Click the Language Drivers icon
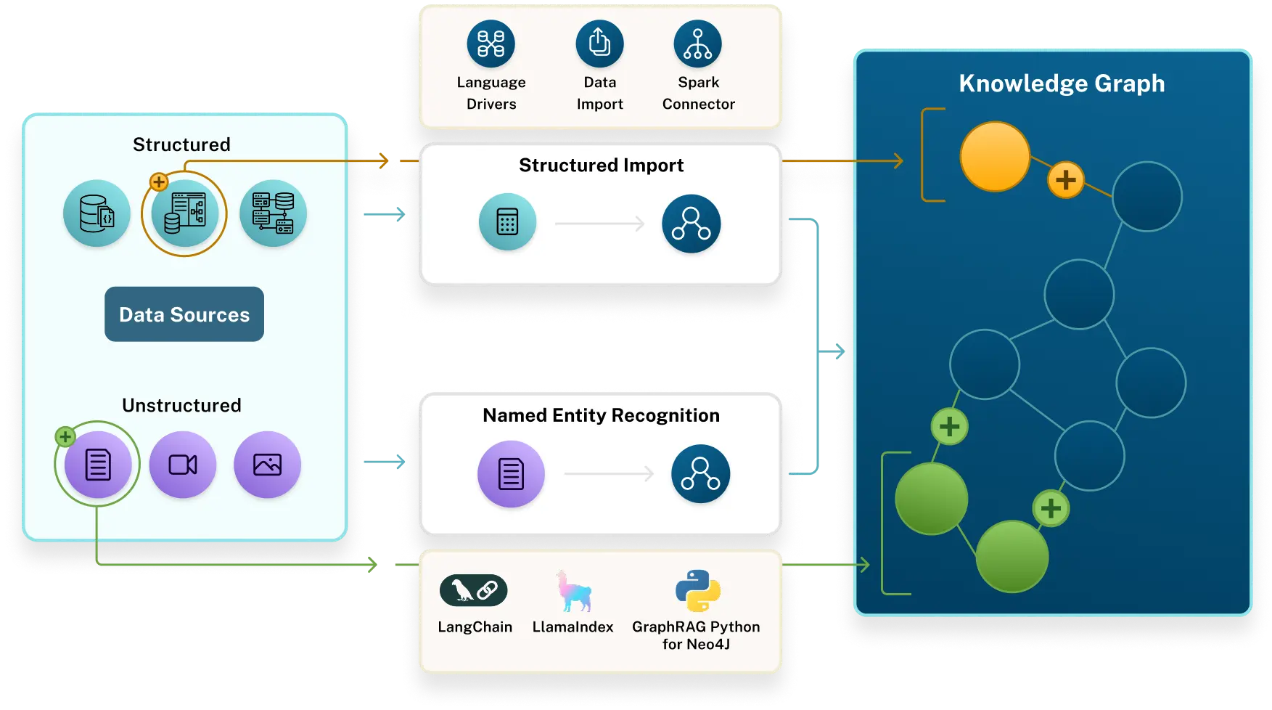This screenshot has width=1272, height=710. pyautogui.click(x=491, y=44)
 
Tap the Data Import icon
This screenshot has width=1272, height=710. pyautogui.click(x=599, y=44)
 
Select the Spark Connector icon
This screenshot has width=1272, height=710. pyautogui.click(x=697, y=44)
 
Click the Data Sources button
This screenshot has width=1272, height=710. pyautogui.click(x=184, y=314)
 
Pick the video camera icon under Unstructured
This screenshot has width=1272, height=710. pyautogui.click(x=183, y=465)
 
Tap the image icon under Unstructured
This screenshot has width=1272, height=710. pyautogui.click(x=267, y=465)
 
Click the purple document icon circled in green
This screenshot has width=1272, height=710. pyautogui.click(x=98, y=465)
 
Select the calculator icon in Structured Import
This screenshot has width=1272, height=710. pyautogui.click(x=507, y=222)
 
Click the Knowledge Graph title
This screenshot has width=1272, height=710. pyautogui.click(x=1062, y=83)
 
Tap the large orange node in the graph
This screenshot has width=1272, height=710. pyautogui.click(x=995, y=156)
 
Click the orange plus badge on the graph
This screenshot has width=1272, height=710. pyautogui.click(x=1065, y=179)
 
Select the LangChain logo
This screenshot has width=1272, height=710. pyautogui.click(x=473, y=590)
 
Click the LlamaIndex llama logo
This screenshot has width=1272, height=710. pyautogui.click(x=573, y=591)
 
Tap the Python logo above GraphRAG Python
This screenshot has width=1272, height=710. pyautogui.click(x=697, y=591)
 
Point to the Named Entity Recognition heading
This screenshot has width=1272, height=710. pyautogui.click(x=601, y=415)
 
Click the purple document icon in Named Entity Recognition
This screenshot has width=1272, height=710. pyautogui.click(x=511, y=474)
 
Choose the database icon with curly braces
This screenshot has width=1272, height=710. pyautogui.click(x=97, y=213)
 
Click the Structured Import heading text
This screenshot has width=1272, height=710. pyautogui.click(x=601, y=166)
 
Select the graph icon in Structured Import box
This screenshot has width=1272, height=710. pyautogui.click(x=691, y=224)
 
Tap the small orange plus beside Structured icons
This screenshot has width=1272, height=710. pyautogui.click(x=159, y=181)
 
